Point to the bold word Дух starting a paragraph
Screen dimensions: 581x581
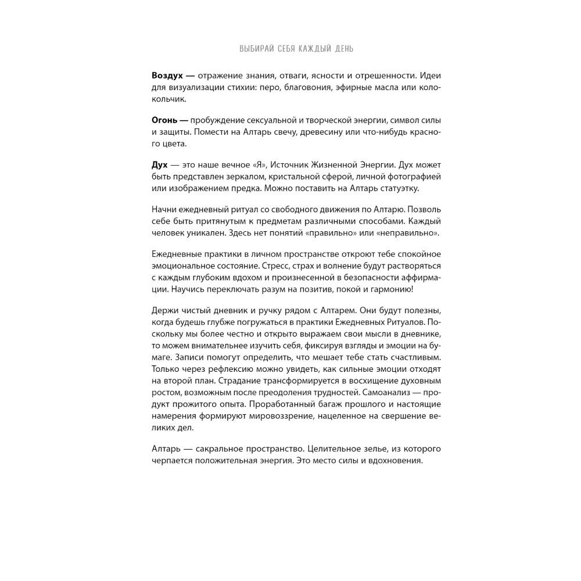click(x=160, y=165)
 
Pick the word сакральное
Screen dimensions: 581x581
click(x=220, y=449)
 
